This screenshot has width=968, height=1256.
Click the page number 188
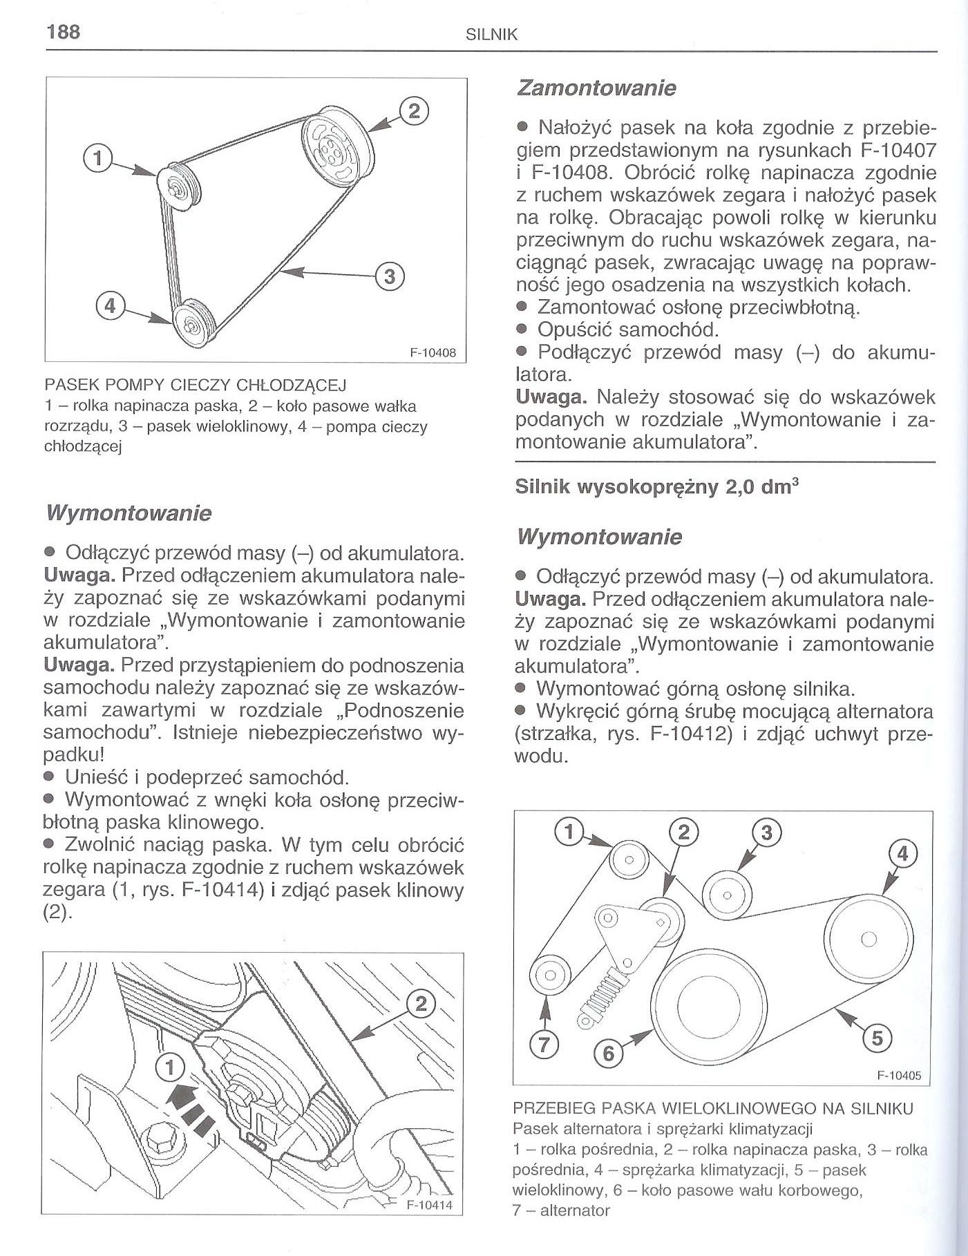click(61, 31)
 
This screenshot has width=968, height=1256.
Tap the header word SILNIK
click(492, 35)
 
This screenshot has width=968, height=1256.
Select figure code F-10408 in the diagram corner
click(433, 352)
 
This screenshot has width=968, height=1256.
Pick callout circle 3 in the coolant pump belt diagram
click(389, 277)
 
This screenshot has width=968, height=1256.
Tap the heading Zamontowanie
click(596, 88)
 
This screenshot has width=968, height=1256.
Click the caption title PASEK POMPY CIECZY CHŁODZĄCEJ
click(195, 384)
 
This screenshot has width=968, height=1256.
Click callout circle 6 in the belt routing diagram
click(609, 1054)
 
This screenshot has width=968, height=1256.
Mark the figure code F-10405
click(900, 1076)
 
